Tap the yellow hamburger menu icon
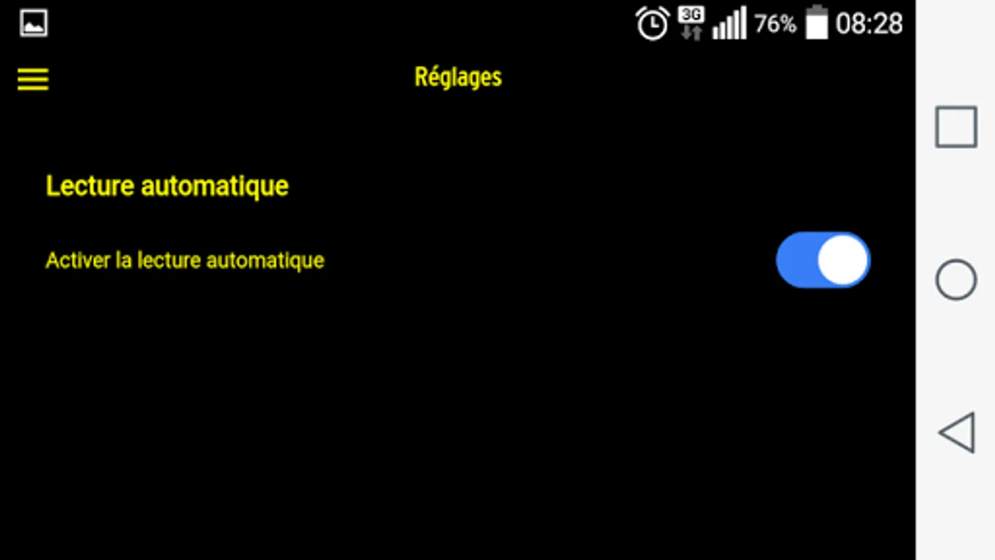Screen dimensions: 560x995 pos(33,79)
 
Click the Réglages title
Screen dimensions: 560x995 pos(458,78)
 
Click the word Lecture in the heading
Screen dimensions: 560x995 pos(90,186)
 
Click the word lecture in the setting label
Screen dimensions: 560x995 pos(169,260)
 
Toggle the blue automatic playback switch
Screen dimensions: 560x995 pos(822,260)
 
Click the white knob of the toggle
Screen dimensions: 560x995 pos(843,260)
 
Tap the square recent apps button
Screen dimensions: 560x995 pos(956,127)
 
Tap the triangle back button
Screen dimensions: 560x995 pos(957,432)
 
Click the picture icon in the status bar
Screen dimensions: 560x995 pos(34,24)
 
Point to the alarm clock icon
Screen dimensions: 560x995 pos(652,24)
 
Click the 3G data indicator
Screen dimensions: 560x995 pos(692,23)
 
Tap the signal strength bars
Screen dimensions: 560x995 pos(729,24)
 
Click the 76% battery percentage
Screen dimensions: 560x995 pos(775,24)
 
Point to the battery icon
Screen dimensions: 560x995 pos(817,23)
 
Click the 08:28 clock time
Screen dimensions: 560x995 pos(869,24)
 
